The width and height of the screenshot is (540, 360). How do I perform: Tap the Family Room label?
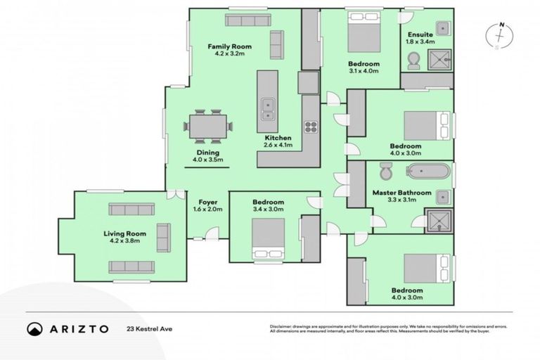tap(229, 47)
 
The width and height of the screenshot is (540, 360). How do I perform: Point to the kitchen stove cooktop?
tap(310, 127)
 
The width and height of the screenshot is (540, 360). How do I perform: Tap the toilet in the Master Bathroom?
tap(385, 172)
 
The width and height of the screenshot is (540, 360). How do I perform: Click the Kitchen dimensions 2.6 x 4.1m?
tap(280, 145)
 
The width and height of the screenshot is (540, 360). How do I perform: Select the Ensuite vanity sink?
tap(442, 28)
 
